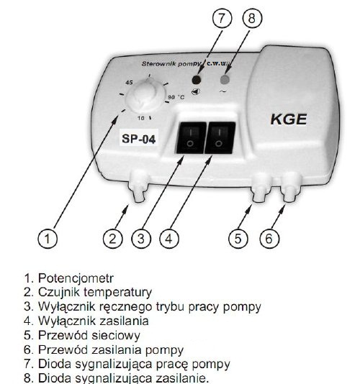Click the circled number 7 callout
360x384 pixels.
point(222,18)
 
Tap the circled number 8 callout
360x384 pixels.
point(252,18)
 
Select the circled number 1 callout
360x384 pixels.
point(48,238)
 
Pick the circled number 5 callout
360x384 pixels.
point(238,238)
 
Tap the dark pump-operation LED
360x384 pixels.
point(196,80)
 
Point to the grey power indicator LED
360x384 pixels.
point(225,79)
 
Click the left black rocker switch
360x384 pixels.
point(191,137)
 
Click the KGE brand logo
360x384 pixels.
point(289,119)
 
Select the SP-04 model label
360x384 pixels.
point(138,139)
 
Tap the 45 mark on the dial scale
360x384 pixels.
point(129,83)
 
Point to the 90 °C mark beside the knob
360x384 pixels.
point(176,97)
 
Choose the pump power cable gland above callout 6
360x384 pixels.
point(291,187)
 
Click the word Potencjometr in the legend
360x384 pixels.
point(76,278)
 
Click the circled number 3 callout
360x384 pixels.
point(141,238)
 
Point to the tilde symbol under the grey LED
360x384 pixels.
point(222,91)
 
